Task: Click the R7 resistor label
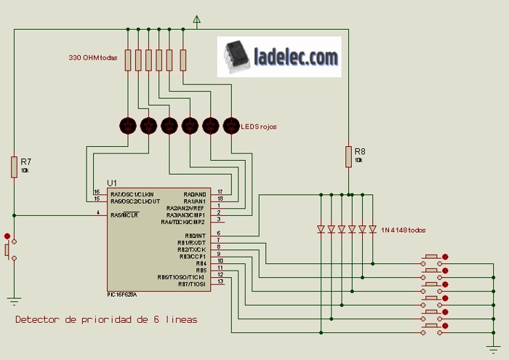click(x=25, y=161)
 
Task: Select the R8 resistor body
click(x=348, y=156)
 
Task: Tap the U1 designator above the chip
click(x=111, y=182)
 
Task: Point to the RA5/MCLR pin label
click(x=125, y=215)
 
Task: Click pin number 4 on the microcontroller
click(x=98, y=212)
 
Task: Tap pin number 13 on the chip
click(x=220, y=281)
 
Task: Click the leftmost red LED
click(x=128, y=125)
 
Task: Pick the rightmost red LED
click(x=231, y=125)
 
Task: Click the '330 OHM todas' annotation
click(x=92, y=57)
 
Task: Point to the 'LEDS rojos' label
click(x=259, y=127)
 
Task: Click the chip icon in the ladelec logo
click(x=236, y=57)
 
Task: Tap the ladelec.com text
click(x=296, y=56)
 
